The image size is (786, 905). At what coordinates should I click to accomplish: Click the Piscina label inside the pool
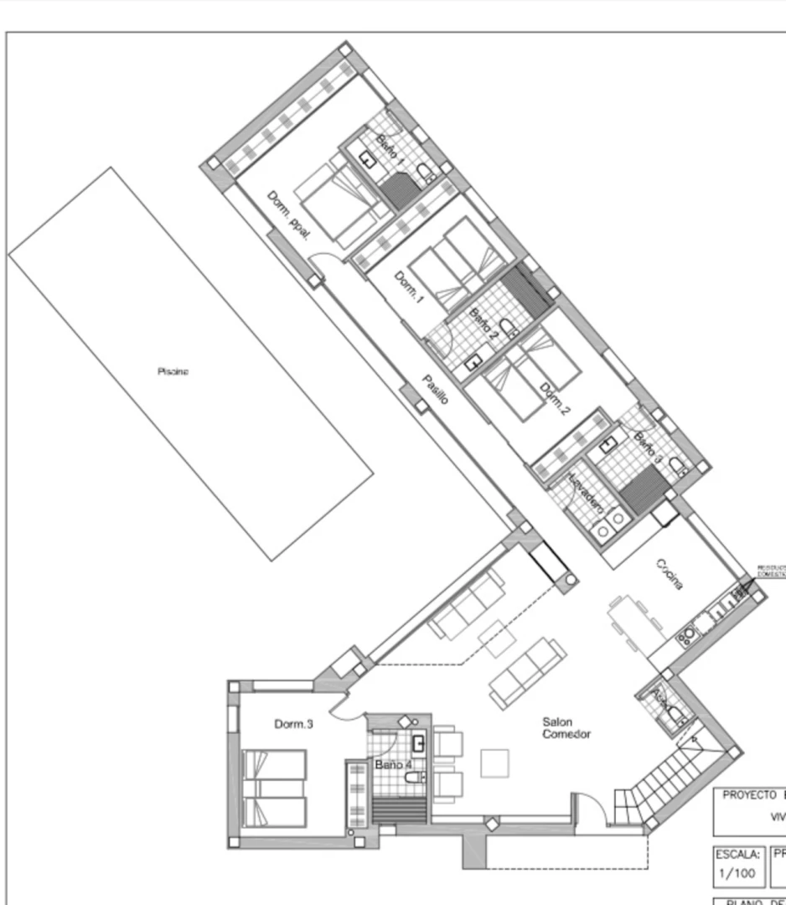pos(173,372)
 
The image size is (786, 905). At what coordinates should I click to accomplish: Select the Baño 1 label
pos(390,148)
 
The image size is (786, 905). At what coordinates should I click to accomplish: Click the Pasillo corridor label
pos(434,390)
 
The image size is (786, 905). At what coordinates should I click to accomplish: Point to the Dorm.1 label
pos(410,287)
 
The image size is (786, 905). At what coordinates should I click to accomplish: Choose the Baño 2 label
pos(483,323)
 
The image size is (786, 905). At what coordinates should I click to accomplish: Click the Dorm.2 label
pos(554,400)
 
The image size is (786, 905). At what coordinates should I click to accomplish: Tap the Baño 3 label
pos(648,448)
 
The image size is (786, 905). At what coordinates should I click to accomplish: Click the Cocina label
pos(670,574)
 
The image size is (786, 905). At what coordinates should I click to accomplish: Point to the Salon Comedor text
pos(566,727)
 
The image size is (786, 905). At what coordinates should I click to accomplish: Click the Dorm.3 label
pos(293,724)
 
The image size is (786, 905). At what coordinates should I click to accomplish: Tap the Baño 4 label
pos(393,765)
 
